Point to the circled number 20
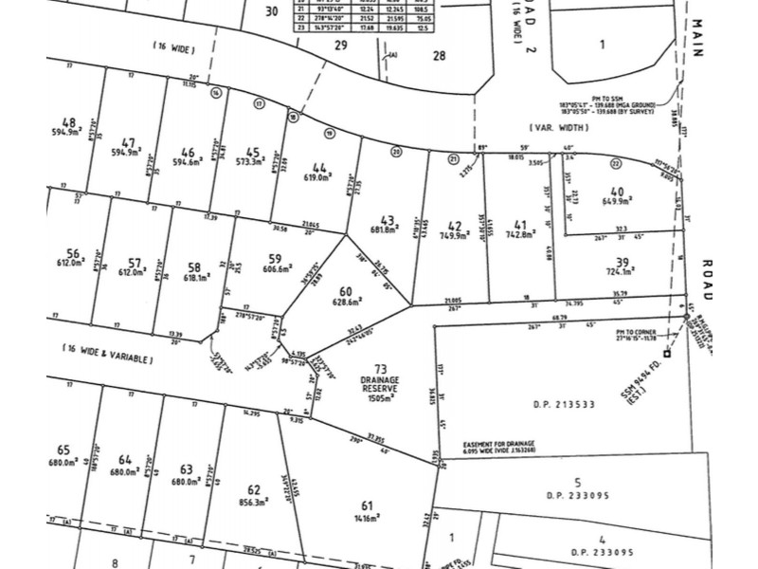tap(396, 152)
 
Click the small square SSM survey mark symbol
tap(668, 354)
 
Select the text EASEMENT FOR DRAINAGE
tap(499, 444)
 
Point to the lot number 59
tap(275, 258)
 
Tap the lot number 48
tap(68, 122)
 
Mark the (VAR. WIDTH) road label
tap(554, 125)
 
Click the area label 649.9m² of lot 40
tap(617, 200)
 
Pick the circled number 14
tap(217, 92)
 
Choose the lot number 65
tap(64, 450)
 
